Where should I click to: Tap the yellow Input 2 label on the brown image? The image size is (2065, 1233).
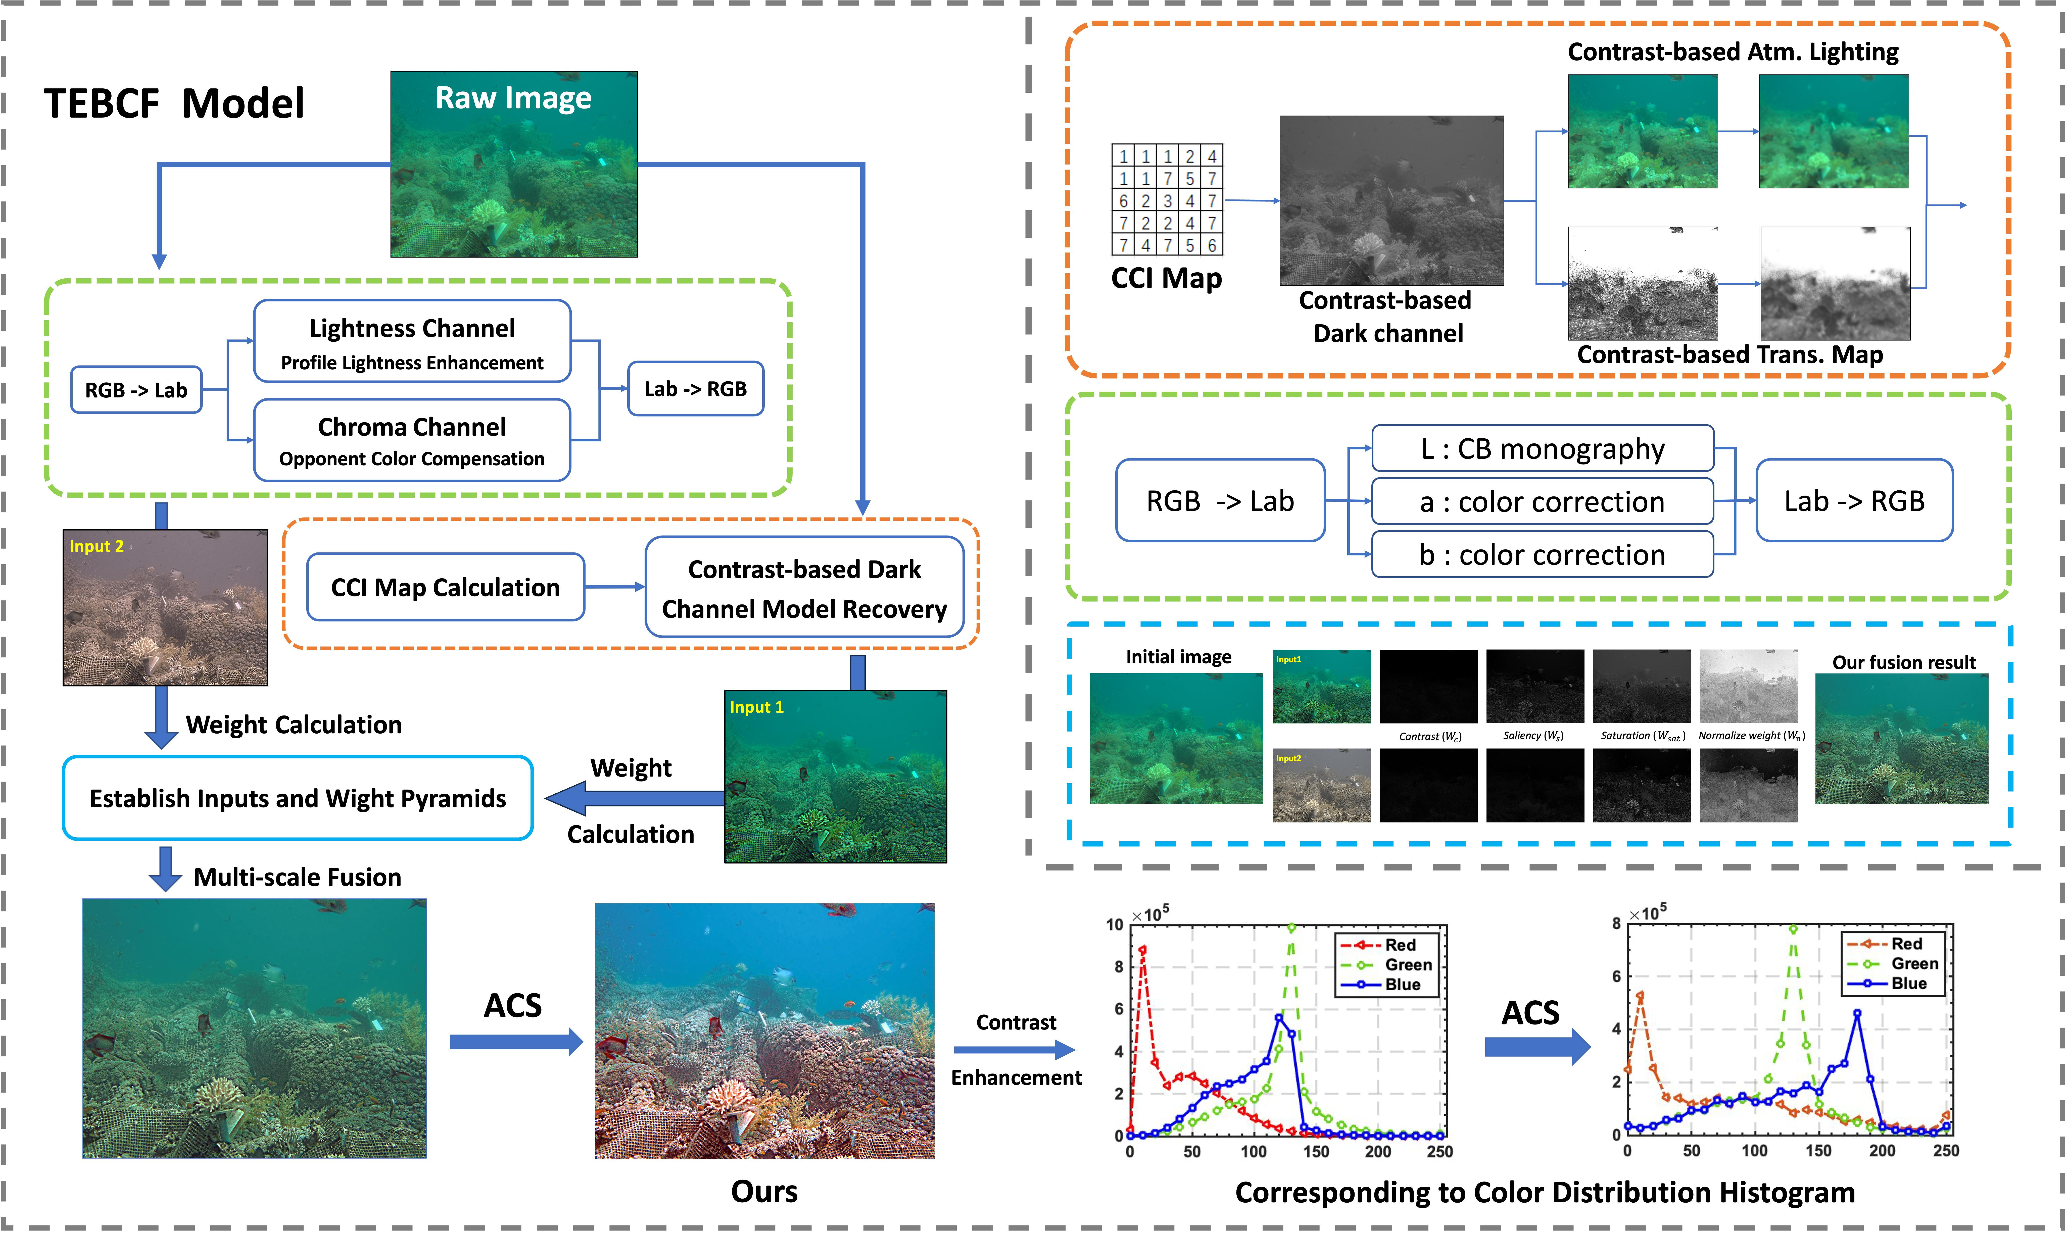pos(97,546)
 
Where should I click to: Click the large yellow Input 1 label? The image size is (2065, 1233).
pos(756,707)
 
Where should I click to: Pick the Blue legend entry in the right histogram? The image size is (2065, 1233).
pos(1909,983)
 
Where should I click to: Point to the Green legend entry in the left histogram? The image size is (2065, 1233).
pos(1408,965)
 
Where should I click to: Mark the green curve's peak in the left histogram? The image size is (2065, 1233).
pos(1291,927)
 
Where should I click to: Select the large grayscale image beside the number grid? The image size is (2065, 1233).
pos(1391,200)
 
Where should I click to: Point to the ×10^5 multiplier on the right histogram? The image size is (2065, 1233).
pos(1648,913)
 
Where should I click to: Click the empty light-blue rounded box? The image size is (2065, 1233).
pos(298,798)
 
